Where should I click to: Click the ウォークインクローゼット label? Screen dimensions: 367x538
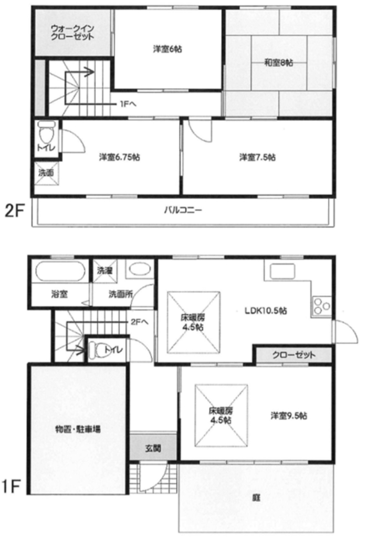[x=72, y=32]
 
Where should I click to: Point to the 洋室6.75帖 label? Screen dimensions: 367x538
[x=119, y=157]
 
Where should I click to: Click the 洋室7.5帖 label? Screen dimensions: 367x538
[x=257, y=157]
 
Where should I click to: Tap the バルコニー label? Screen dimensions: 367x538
[x=183, y=210]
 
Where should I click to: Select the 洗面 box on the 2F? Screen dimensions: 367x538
[x=46, y=173]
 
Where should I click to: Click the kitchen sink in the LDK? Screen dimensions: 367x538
[x=282, y=272]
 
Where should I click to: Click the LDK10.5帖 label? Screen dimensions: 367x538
[x=266, y=311]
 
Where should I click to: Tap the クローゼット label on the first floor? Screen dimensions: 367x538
[x=294, y=355]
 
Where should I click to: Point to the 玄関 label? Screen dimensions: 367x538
[x=153, y=448]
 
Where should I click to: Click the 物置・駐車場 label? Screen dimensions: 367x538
[x=78, y=429]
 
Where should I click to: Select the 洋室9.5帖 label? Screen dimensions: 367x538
[x=288, y=416]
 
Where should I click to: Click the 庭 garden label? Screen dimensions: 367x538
[x=256, y=498]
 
